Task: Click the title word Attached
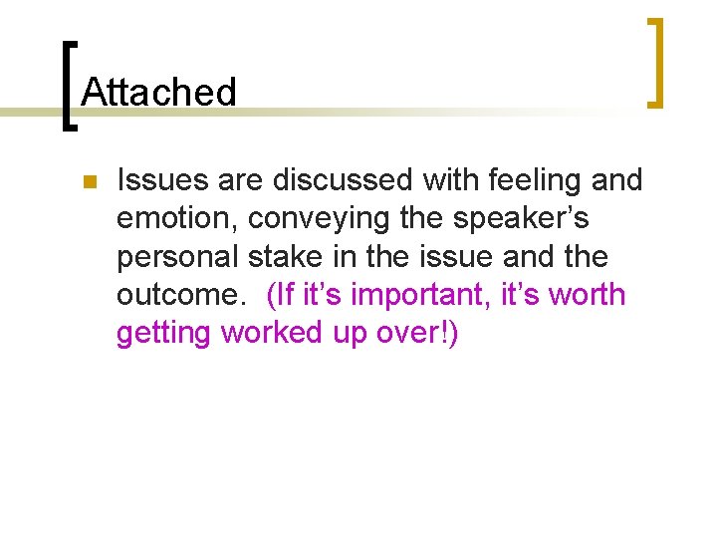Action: pyautogui.click(x=159, y=93)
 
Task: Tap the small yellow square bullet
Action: pyautogui.click(x=88, y=182)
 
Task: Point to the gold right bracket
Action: pyautogui.click(x=655, y=62)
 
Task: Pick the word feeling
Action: pyautogui.click(x=541, y=180)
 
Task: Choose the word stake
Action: pyautogui.click(x=289, y=257)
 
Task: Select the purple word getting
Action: pyautogui.click(x=164, y=334)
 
